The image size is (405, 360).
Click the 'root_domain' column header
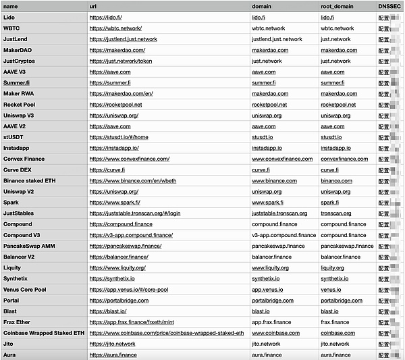click(337, 6)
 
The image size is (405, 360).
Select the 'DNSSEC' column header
click(389, 6)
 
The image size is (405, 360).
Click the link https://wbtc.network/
click(116, 28)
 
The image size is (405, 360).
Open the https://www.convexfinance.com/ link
click(130, 159)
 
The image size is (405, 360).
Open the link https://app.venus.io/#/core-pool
click(128, 290)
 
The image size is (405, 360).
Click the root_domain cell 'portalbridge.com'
click(342, 301)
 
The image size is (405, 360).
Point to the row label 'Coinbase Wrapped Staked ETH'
click(44, 333)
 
